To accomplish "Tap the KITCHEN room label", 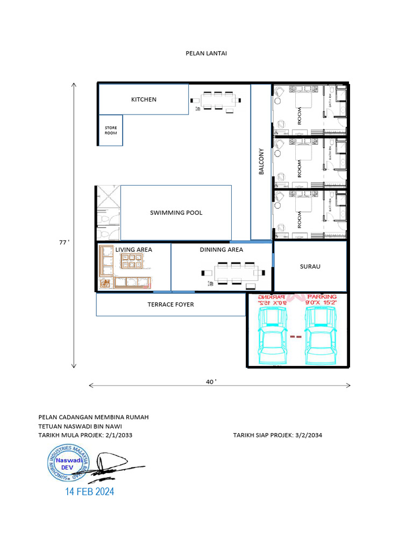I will pos(144,100).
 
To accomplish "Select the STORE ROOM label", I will pos(110,130).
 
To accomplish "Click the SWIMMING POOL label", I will pos(176,213).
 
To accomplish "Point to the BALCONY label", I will pos(261,161).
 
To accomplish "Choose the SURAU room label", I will pos(310,266).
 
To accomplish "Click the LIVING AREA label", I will pos(133,250).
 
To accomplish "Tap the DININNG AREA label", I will pos(221,250).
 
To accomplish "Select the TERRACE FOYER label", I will pos(170,305).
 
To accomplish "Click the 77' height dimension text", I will pos(64,243).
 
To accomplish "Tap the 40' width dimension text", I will pos(211,382).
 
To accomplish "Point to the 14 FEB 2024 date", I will pos(90,491).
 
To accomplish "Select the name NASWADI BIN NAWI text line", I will pos(80,426).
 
